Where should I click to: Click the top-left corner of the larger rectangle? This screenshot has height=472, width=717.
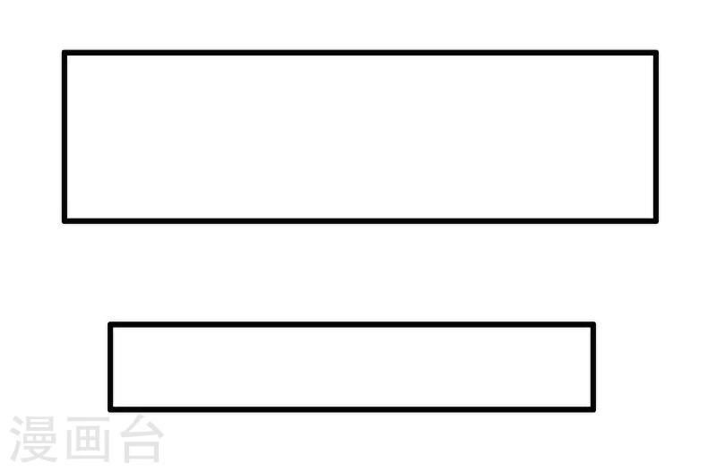(65, 53)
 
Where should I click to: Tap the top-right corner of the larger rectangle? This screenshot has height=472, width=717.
(656, 53)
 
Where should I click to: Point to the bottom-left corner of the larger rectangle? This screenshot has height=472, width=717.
(65, 221)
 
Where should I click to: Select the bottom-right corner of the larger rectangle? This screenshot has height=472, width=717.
(656, 221)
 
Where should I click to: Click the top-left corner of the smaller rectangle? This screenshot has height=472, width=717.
(110, 325)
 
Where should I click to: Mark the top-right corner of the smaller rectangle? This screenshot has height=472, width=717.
(593, 325)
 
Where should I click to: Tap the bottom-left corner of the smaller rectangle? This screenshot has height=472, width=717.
(110, 409)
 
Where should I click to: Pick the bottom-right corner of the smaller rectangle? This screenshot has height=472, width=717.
(593, 409)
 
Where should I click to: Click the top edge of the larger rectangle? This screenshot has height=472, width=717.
(360, 53)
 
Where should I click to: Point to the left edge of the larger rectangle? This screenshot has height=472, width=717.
(65, 137)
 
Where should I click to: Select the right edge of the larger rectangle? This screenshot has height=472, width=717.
(656, 137)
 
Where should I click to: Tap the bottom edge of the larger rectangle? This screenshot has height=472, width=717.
(360, 221)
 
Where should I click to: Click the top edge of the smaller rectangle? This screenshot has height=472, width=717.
(351, 325)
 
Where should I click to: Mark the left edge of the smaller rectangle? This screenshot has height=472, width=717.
(110, 367)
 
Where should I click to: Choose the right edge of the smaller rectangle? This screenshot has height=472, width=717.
(593, 367)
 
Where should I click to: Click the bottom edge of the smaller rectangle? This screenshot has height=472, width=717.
(351, 409)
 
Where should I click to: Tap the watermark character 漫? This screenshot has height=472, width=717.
(33, 439)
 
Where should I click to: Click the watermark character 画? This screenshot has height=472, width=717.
(88, 439)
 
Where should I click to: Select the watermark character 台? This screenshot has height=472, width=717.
(142, 439)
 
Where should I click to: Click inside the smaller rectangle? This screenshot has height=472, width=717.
(351, 367)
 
